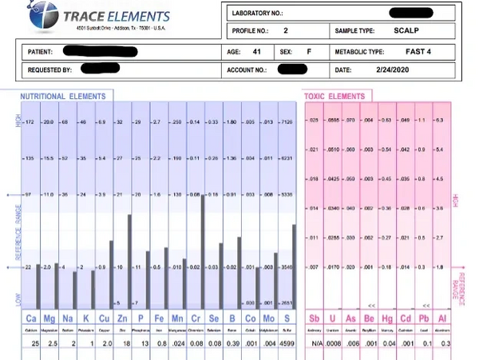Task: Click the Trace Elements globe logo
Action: coord(38,18)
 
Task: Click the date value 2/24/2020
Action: coord(392,69)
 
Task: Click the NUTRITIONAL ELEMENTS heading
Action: coord(65,95)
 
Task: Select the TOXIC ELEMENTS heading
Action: coord(335,95)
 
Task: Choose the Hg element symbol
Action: coord(386,320)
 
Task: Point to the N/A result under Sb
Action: coord(314,343)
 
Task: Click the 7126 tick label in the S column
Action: coord(288,122)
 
